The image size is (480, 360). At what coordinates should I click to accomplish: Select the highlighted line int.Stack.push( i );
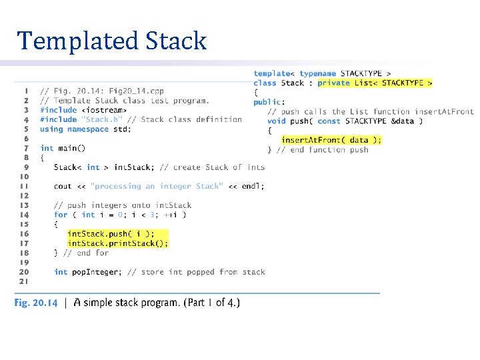point(111,234)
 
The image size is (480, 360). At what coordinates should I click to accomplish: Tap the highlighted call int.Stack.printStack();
point(118,243)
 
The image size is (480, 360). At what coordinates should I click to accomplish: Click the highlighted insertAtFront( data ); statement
point(331,140)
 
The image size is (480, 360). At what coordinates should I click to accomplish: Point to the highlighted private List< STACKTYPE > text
point(375,83)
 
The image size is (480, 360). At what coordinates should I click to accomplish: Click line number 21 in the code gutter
point(24,281)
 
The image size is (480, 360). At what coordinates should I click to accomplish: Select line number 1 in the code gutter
point(26,91)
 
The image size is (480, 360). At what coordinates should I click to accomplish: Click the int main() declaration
point(63,148)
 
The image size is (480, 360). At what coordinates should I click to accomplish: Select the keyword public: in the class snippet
point(269,102)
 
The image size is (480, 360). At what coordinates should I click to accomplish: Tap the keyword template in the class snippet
point(271,73)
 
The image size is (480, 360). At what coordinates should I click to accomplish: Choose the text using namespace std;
point(86,129)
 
